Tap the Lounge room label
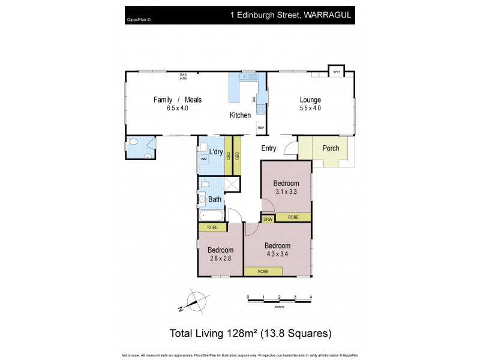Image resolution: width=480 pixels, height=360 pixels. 310,100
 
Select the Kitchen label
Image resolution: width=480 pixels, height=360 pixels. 240,115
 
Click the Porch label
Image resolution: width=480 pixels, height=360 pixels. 331,148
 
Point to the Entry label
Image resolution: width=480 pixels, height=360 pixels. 268,148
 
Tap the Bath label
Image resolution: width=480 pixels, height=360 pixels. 215,199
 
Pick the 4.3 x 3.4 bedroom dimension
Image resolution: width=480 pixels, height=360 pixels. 277,254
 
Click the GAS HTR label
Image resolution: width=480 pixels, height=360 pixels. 183,76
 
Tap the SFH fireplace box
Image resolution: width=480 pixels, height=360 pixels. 336,72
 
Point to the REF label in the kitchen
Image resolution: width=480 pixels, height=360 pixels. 260,128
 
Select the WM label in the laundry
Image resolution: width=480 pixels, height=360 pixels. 203,159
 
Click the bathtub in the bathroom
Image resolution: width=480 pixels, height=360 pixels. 213,214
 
